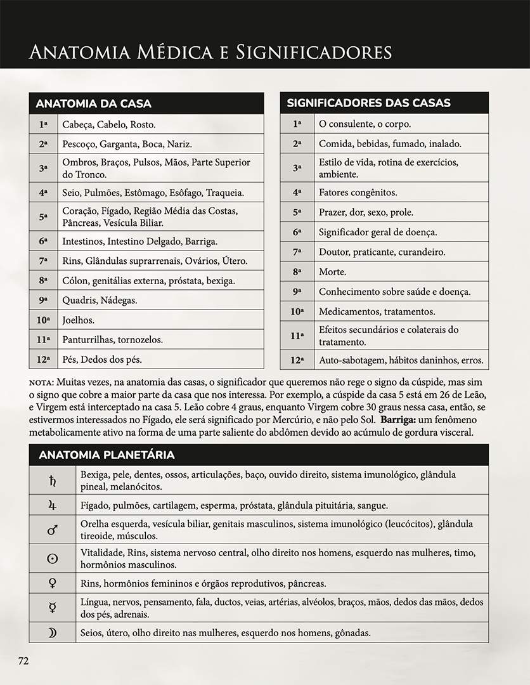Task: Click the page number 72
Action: [23, 660]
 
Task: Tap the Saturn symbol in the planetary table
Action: [53, 480]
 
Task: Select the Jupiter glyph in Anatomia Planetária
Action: [53, 505]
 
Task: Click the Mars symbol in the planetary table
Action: [53, 530]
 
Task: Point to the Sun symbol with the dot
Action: [53, 558]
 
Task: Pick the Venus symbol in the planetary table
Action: [53, 583]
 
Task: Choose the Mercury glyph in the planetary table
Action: [53, 608]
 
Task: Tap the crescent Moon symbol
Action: [53, 632]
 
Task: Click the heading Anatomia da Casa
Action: [94, 103]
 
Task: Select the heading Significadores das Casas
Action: [368, 103]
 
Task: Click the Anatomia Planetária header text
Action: [107, 455]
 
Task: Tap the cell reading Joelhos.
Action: [79, 320]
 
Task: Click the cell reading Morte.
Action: [333, 271]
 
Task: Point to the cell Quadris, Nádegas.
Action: [100, 300]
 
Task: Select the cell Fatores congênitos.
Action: [358, 192]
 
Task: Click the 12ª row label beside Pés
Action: [43, 359]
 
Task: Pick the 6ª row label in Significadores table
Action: [297, 232]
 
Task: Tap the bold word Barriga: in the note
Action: [398, 421]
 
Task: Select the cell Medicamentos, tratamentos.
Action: [377, 311]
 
